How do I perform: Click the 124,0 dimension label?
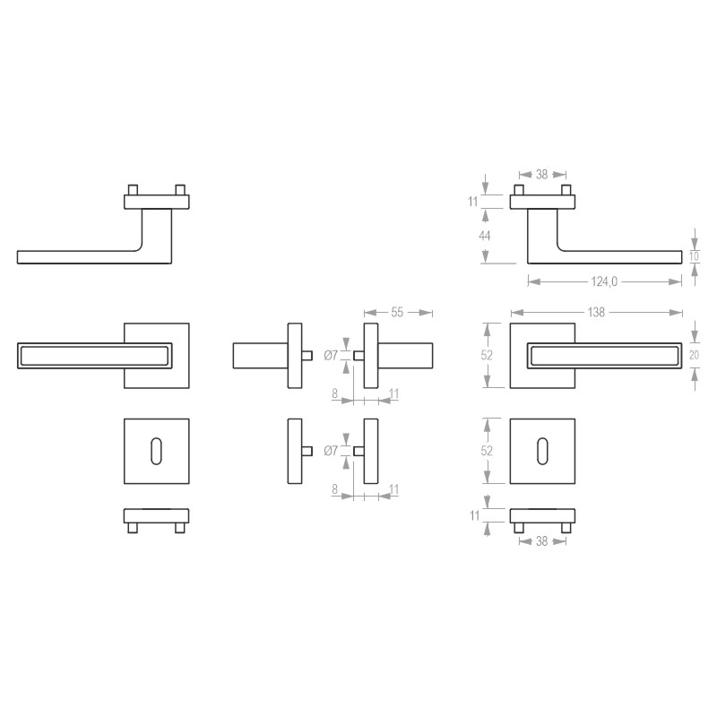[x=604, y=281]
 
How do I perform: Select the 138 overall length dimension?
[x=596, y=312]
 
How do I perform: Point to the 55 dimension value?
[x=397, y=312]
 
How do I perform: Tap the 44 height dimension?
[x=484, y=236]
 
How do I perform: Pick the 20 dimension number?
[x=694, y=355]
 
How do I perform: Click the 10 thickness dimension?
[x=694, y=256]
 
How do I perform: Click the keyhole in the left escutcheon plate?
[x=156, y=452]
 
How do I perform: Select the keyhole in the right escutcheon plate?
[x=543, y=452]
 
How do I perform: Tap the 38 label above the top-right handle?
[x=542, y=175]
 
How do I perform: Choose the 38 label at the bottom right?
[x=542, y=541]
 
